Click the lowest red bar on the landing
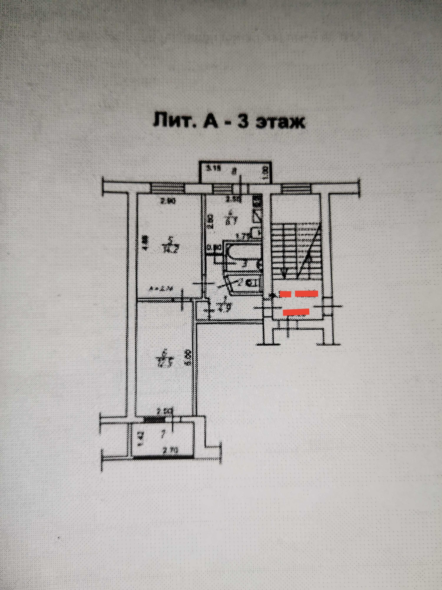pyautogui.click(x=296, y=312)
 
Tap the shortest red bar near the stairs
pyautogui.click(x=285, y=294)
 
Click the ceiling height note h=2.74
pyautogui.click(x=158, y=288)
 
